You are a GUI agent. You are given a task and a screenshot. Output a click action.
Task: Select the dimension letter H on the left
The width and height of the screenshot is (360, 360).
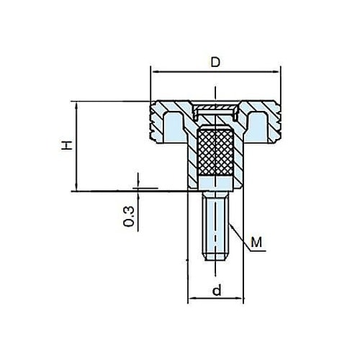click(x=66, y=145)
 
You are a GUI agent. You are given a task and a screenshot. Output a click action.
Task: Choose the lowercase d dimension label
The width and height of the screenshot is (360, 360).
click(x=215, y=290)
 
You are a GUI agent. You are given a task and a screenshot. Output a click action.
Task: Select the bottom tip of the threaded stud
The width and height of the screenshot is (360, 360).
click(x=215, y=258)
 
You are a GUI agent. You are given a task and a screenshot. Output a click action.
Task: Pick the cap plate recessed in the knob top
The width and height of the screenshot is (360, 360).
click(x=215, y=109)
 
